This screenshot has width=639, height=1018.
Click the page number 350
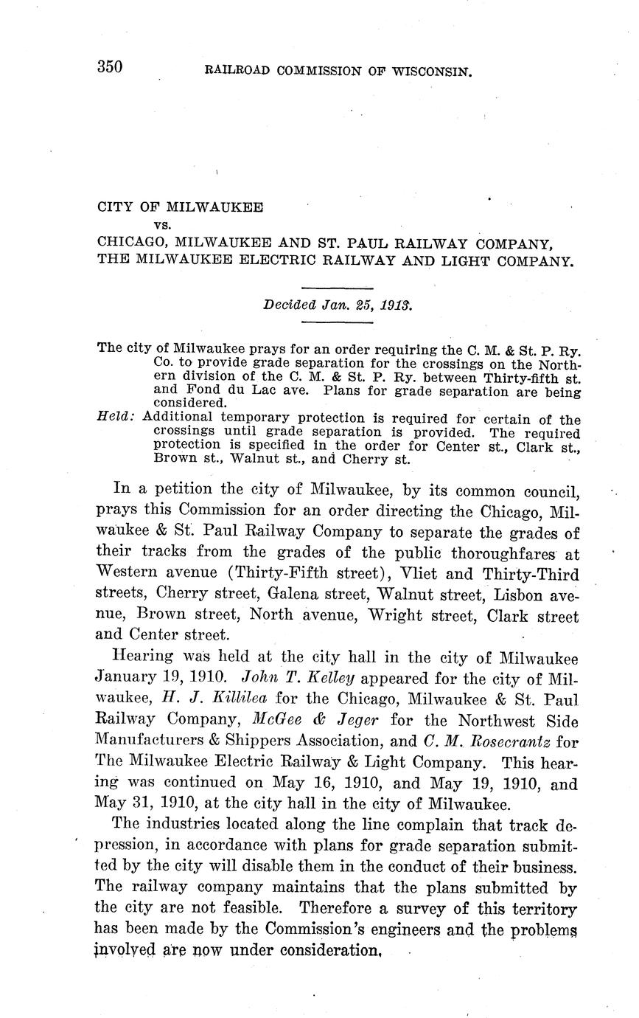click(109, 68)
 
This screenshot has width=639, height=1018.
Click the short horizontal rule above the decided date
click(338, 288)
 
